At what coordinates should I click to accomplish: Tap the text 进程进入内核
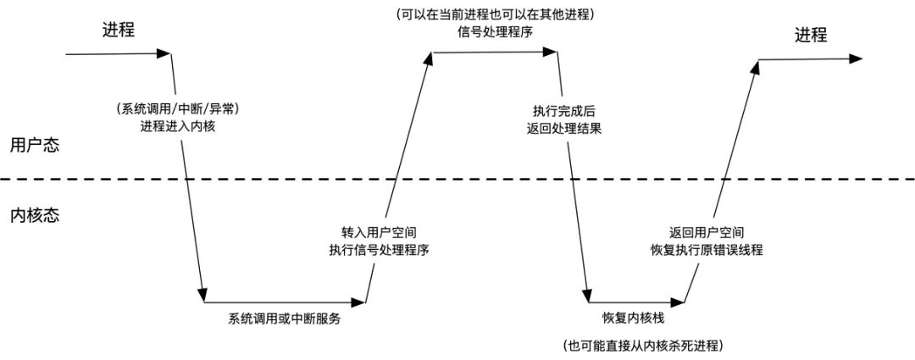pos(172,127)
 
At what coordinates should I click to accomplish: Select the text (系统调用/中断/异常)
pos(172,109)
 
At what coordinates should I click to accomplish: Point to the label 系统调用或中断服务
pos(285,319)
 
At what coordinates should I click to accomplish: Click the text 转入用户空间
pos(378,232)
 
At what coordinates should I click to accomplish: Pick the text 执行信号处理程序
pos(378,249)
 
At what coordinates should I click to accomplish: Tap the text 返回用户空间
pos(706,232)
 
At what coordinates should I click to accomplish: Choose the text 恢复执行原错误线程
pos(706,249)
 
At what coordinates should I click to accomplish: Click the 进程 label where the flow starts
pos(119,30)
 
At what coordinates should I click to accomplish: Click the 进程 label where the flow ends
pos(811,35)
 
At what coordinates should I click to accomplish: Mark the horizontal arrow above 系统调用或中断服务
pos(285,301)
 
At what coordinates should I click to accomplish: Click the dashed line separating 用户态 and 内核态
pos(457,179)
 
